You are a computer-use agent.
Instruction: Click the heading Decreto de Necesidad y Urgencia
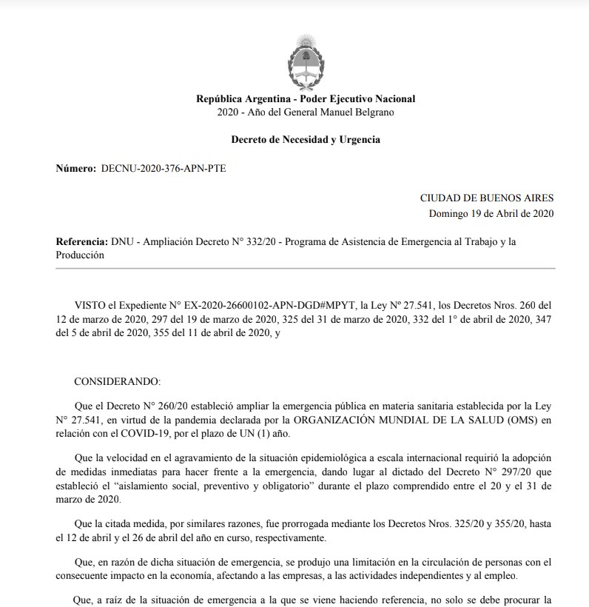click(306, 139)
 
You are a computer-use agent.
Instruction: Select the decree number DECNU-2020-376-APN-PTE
click(164, 169)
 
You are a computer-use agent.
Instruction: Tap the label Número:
click(75, 169)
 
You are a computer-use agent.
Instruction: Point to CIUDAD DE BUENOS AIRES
click(486, 198)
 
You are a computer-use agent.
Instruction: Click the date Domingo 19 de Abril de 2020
click(491, 213)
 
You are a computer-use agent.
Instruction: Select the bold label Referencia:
click(81, 243)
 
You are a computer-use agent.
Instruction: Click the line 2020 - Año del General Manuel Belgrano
click(306, 112)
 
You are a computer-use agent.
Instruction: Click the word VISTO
click(91, 304)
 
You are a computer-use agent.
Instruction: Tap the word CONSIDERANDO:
click(117, 381)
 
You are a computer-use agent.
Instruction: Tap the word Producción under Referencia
click(80, 255)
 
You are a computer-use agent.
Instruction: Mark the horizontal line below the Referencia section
click(306, 267)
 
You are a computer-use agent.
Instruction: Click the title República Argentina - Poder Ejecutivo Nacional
click(306, 99)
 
